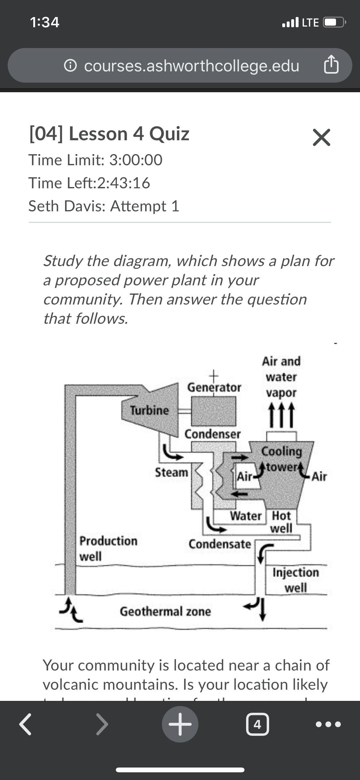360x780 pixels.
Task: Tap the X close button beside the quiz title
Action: coord(321,138)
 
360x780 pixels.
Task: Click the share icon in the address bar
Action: coord(331,65)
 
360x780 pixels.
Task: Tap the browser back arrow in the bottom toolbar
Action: coord(25,724)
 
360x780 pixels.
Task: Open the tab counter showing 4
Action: coord(257,724)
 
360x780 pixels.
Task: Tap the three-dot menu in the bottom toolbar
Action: coord(328,724)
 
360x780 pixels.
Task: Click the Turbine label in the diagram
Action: coord(149,410)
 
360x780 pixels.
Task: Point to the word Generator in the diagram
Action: coord(214,387)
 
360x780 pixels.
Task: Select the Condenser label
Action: coord(212,434)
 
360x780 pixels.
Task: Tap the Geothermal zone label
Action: coord(165,611)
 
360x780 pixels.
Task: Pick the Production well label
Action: coord(108,548)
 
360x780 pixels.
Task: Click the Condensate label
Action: coord(220,544)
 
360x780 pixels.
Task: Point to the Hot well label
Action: coord(281,522)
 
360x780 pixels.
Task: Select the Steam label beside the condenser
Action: coord(172,472)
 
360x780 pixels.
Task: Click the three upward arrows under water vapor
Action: coord(281,415)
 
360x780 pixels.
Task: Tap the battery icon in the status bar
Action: coord(334,22)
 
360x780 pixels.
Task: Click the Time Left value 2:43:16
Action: coord(124,183)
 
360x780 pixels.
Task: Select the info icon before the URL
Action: coord(70,66)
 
